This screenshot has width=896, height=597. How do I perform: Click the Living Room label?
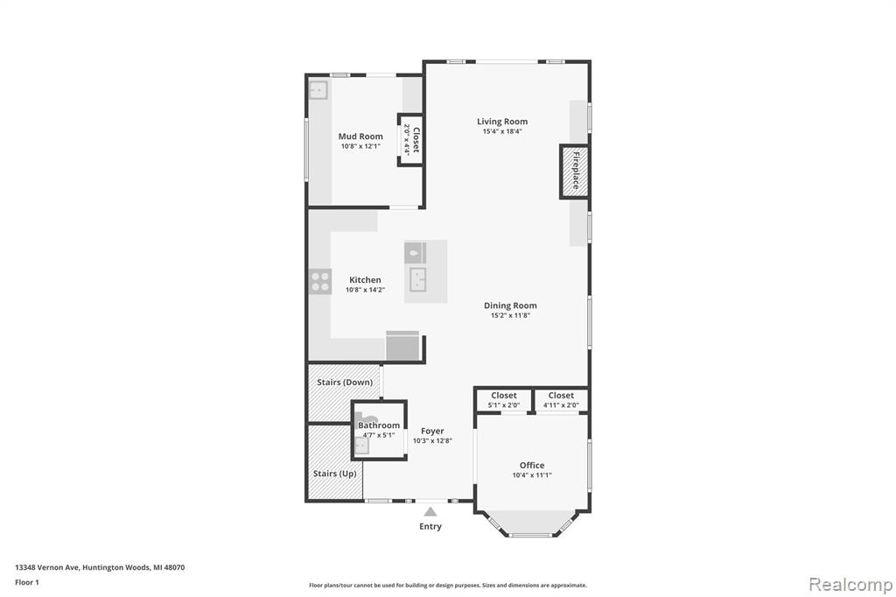click(x=502, y=121)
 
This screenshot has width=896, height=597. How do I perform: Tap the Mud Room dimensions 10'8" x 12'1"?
click(x=360, y=146)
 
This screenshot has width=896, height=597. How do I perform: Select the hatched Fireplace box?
click(x=574, y=172)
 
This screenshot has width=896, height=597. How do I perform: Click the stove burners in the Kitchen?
click(x=320, y=281)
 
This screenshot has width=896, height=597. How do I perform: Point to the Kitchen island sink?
click(x=418, y=280)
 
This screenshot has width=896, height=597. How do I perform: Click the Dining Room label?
click(x=510, y=306)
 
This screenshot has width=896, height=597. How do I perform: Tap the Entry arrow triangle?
click(x=430, y=511)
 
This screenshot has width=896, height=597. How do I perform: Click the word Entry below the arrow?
click(x=430, y=527)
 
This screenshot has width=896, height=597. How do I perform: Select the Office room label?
click(x=532, y=466)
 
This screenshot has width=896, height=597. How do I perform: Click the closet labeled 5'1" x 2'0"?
click(x=503, y=400)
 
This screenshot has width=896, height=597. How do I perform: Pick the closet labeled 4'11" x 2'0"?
click(x=561, y=400)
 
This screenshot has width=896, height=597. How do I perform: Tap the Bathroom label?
click(x=379, y=425)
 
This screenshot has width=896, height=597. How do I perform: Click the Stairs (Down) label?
click(x=345, y=382)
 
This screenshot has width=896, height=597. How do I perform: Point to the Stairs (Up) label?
click(x=335, y=474)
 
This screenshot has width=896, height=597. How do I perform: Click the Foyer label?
click(x=432, y=432)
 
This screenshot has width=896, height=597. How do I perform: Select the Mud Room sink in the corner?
click(x=318, y=90)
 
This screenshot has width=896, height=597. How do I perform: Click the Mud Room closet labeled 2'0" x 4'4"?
click(x=411, y=140)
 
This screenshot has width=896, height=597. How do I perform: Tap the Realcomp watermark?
click(x=850, y=585)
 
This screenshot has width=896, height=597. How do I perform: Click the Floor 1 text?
click(x=27, y=583)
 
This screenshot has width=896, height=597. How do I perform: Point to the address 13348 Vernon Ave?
click(x=47, y=568)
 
